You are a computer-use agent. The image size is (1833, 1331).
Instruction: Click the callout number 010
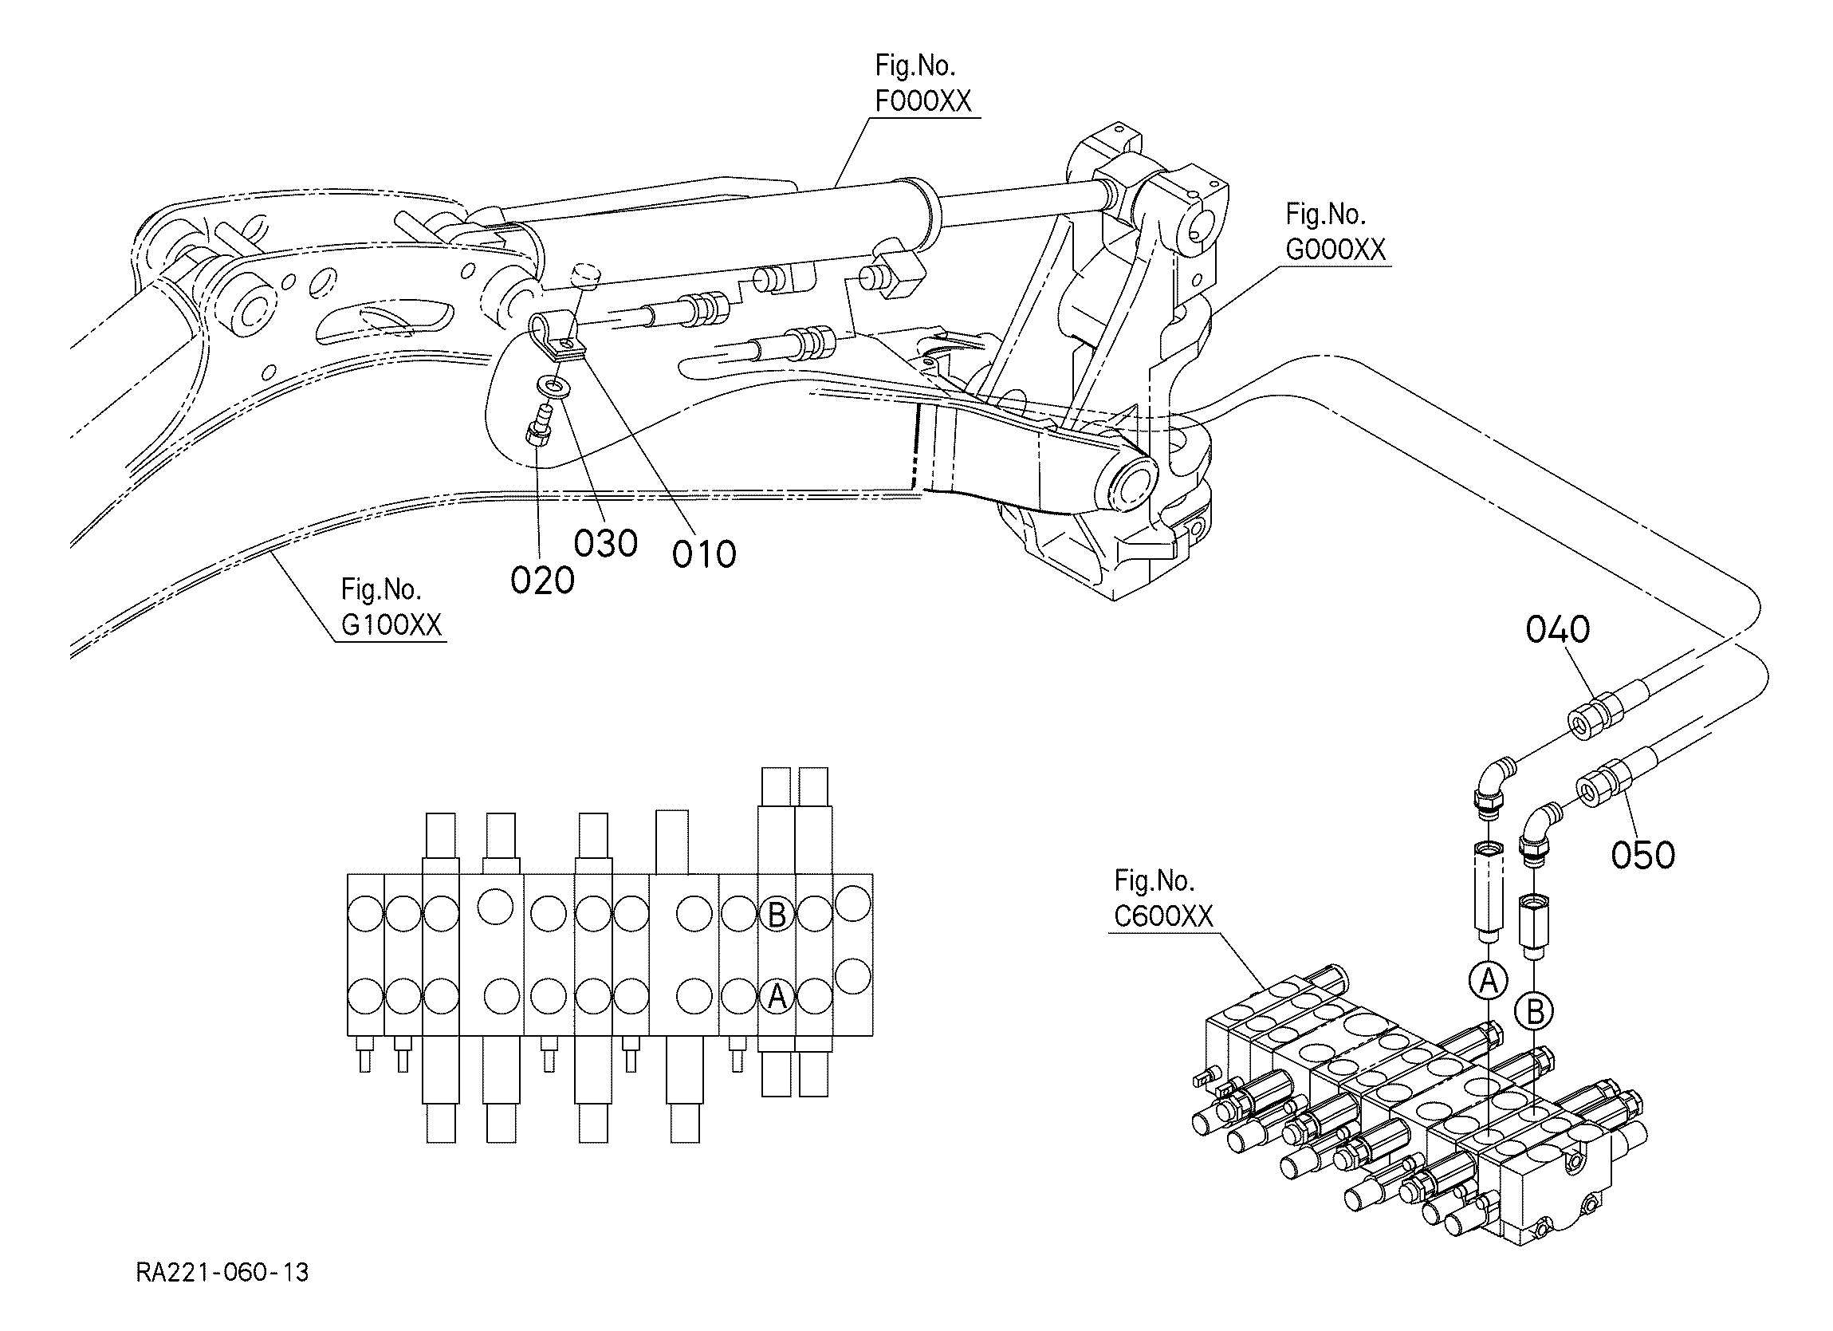[704, 555]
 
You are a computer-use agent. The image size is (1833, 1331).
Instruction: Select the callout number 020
[542, 581]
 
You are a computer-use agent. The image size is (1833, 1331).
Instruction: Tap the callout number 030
[606, 544]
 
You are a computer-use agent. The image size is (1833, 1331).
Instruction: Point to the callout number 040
[1557, 629]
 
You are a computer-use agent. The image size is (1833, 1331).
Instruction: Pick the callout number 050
[1643, 856]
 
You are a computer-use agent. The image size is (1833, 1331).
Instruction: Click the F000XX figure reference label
[923, 84]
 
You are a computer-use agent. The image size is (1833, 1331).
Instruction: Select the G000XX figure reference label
[1335, 233]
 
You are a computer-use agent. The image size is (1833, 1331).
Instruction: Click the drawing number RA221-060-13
[222, 1273]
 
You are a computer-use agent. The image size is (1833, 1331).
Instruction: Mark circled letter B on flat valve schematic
[777, 916]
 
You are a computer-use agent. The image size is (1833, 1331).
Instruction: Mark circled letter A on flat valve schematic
[777, 996]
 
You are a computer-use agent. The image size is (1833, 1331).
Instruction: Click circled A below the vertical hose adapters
[1488, 981]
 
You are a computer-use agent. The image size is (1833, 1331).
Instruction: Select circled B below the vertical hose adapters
[1535, 1010]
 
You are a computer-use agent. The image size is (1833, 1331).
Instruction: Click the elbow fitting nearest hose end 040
[1490, 785]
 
